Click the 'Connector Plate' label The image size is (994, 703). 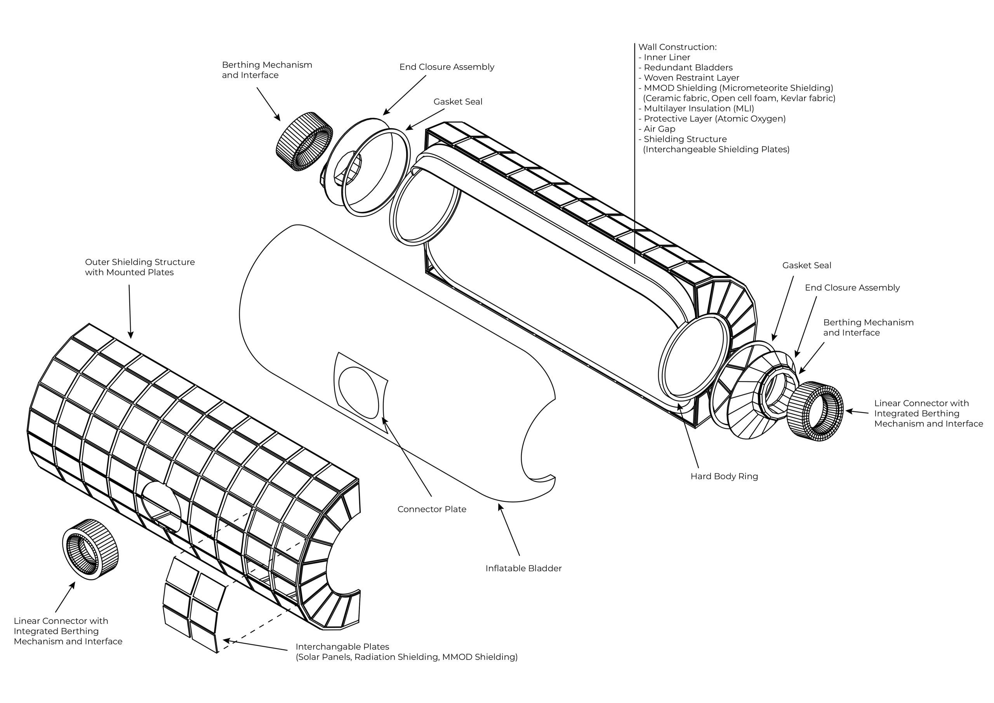click(x=432, y=509)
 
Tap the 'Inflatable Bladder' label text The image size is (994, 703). click(x=523, y=568)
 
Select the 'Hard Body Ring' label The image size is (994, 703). click(x=724, y=477)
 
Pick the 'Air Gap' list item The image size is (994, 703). click(x=659, y=129)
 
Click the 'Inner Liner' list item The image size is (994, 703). click(x=667, y=57)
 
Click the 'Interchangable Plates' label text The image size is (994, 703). click(x=342, y=647)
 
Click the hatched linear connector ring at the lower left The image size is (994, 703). click(x=90, y=549)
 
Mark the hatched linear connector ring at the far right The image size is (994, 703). click(x=815, y=411)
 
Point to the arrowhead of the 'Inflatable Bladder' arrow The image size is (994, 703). click(x=500, y=507)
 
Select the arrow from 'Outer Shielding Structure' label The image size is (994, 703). click(x=130, y=311)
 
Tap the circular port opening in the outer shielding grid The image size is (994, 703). click(x=161, y=507)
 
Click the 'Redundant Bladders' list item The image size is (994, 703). click(x=688, y=68)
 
